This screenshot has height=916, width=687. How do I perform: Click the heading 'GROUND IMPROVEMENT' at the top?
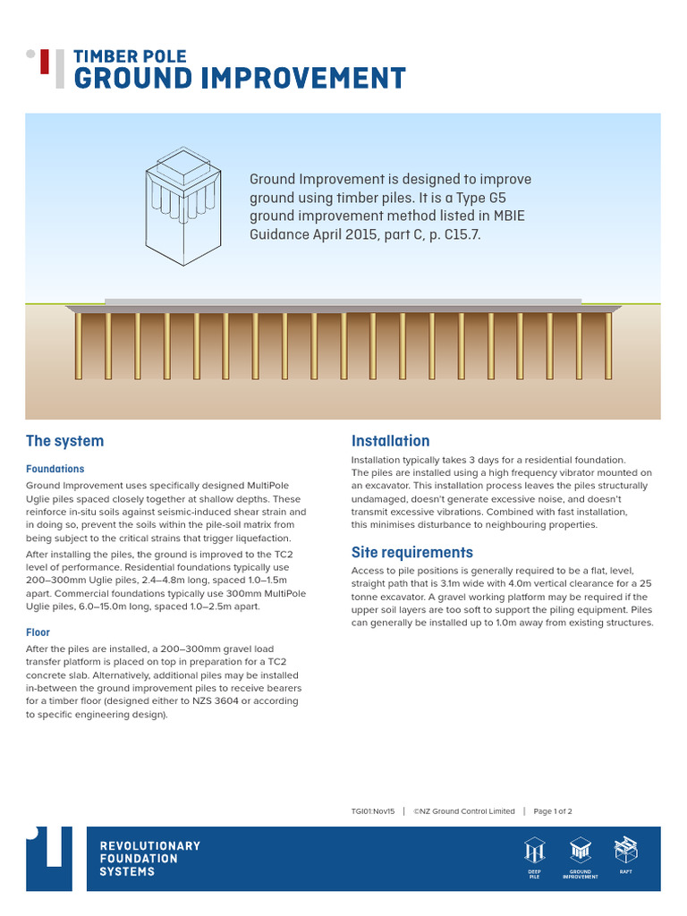pyautogui.click(x=239, y=79)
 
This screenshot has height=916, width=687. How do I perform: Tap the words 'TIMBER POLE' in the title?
pyautogui.click(x=124, y=56)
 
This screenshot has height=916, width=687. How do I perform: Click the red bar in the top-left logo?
pyautogui.click(x=45, y=62)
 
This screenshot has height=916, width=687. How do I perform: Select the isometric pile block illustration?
pyautogui.click(x=182, y=205)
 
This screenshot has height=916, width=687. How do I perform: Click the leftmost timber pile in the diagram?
pyautogui.click(x=78, y=345)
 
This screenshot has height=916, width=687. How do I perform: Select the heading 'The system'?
pyautogui.click(x=64, y=441)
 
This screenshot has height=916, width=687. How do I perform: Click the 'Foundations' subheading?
pyautogui.click(x=55, y=469)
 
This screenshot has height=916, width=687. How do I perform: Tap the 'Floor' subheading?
pyautogui.click(x=38, y=632)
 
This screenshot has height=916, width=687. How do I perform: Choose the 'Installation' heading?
pyautogui.click(x=390, y=441)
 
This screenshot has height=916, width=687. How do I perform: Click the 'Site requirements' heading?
pyautogui.click(x=411, y=552)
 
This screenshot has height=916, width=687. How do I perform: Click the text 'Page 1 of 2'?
pyautogui.click(x=553, y=811)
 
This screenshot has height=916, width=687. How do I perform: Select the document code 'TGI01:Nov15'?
pyautogui.click(x=373, y=811)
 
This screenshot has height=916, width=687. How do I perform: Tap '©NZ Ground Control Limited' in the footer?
pyautogui.click(x=464, y=811)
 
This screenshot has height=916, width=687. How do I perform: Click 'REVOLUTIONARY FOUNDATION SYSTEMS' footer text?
pyautogui.click(x=149, y=859)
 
